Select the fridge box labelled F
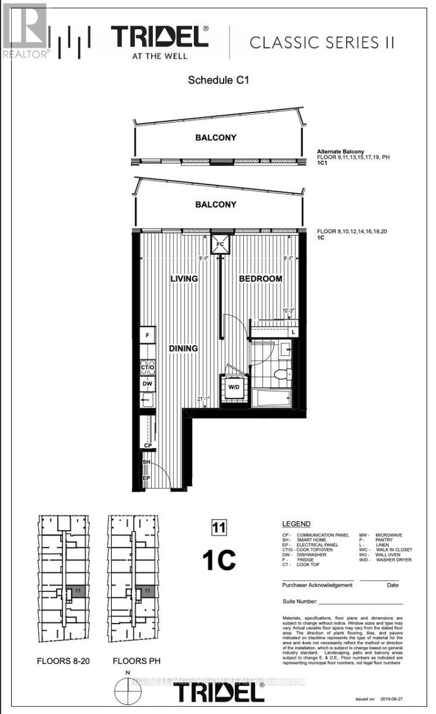(147, 336)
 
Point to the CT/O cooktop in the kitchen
(148, 367)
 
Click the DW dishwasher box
(148, 384)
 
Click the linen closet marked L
(293, 331)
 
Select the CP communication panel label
(147, 444)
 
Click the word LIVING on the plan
(184, 278)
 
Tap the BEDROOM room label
(261, 278)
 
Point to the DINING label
(183, 349)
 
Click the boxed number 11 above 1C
(218, 527)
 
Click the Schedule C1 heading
(218, 80)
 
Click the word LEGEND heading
(296, 524)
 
